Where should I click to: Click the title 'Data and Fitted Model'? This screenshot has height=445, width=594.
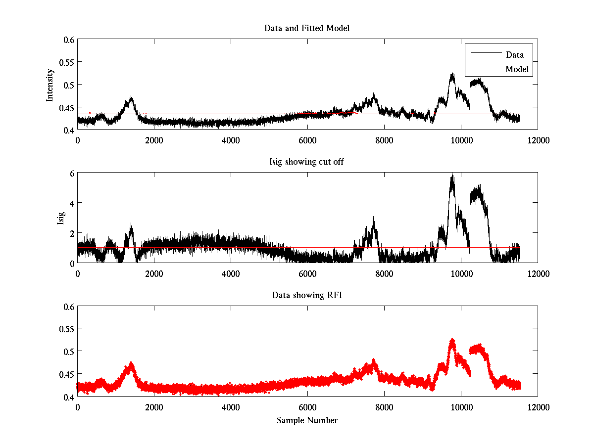pyautogui.click(x=307, y=28)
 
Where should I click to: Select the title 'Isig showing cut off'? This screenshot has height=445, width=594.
pyautogui.click(x=307, y=162)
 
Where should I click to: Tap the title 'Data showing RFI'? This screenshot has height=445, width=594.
pyautogui.click(x=307, y=295)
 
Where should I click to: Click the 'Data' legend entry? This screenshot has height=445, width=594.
pyautogui.click(x=514, y=55)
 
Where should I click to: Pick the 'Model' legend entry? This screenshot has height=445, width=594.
pyautogui.click(x=517, y=69)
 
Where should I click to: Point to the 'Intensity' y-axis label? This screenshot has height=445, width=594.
pyautogui.click(x=50, y=85)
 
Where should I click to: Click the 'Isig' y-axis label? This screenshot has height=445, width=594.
pyautogui.click(x=60, y=218)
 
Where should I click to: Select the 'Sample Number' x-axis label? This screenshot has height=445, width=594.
pyautogui.click(x=307, y=420)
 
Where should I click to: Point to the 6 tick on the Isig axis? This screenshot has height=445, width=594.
pyautogui.click(x=71, y=173)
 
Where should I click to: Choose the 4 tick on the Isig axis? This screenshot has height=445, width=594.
pyautogui.click(x=71, y=203)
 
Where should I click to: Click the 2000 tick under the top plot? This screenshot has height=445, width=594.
pyautogui.click(x=154, y=140)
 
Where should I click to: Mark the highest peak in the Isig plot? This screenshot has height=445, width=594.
pyautogui.click(x=452, y=175)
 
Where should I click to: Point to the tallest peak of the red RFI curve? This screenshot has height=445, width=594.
pyautogui.click(x=452, y=340)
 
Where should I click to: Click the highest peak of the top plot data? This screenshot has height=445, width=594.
pyautogui.click(x=452, y=74)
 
